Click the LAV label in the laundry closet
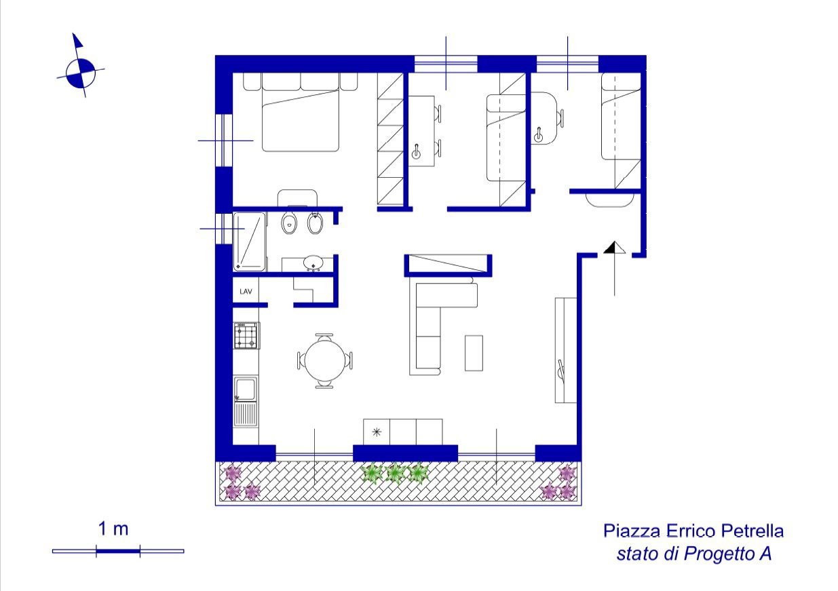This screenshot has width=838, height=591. point(246,291)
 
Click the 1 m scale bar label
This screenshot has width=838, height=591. point(113,529)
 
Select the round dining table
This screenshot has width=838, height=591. point(324,360)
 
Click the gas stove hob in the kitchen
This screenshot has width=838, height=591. point(246,335)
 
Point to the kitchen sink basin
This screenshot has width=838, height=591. point(246,388)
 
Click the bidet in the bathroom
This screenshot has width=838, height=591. point(315,223)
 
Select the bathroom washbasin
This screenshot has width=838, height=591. point(313,263)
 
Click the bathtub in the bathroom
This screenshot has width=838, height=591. point(250,242)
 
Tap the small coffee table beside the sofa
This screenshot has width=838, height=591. point(474,353)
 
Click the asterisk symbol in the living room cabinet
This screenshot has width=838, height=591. point(377,432)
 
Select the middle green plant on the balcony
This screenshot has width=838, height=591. point(395,474)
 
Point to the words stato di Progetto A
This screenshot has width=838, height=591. point(694,554)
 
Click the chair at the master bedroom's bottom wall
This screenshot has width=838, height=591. point(297,198)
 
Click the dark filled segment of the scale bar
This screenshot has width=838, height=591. point(118,551)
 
